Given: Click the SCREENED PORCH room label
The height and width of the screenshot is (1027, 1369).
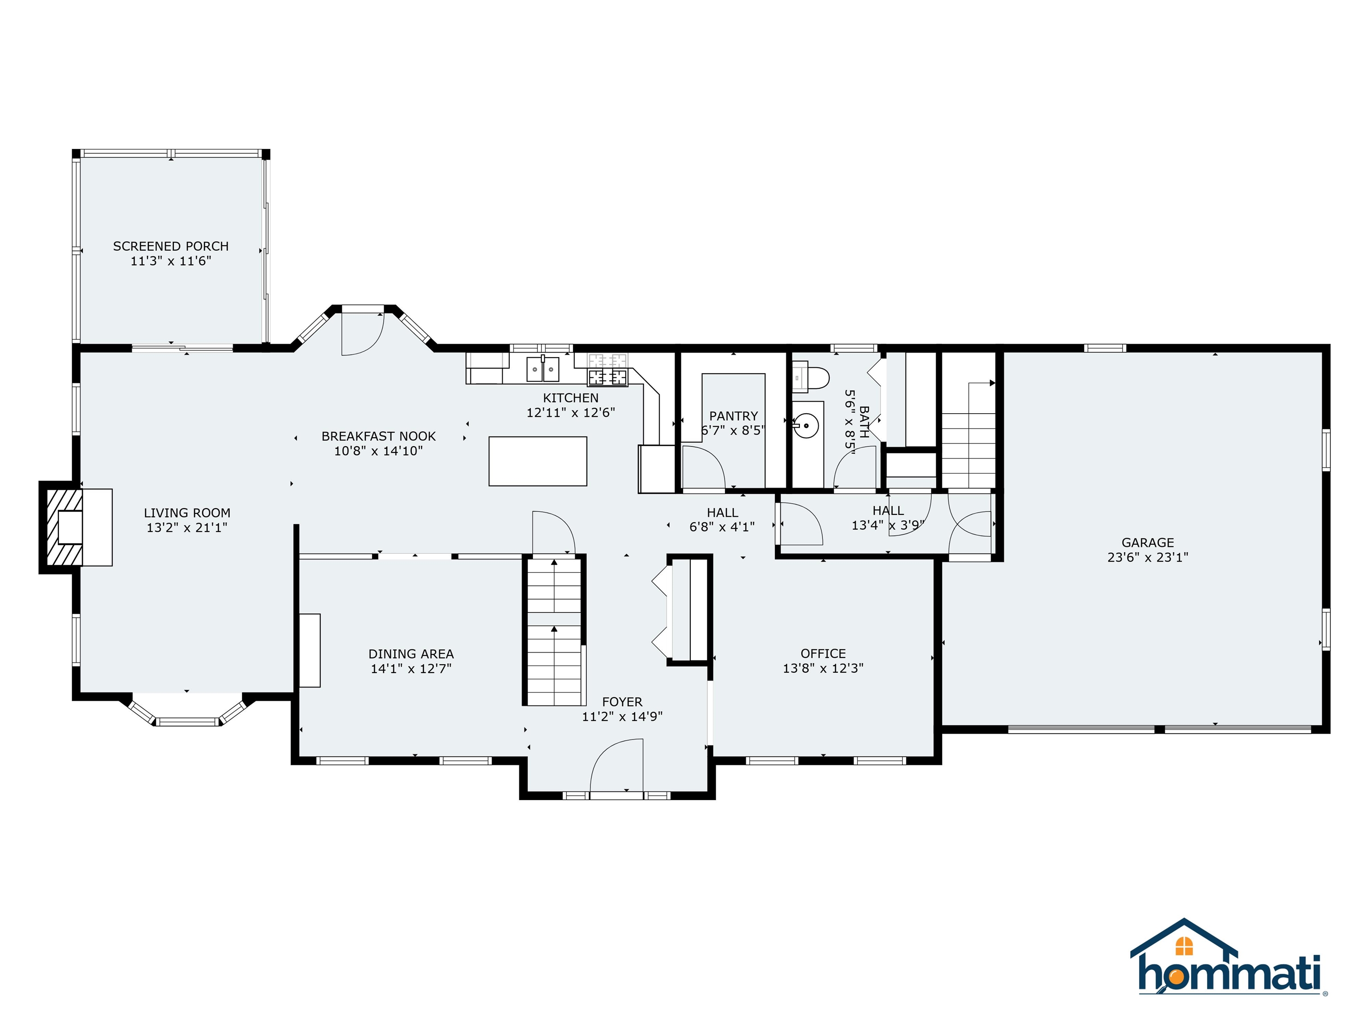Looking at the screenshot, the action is (x=171, y=246).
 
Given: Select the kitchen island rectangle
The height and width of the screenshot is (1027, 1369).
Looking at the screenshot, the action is (x=538, y=461).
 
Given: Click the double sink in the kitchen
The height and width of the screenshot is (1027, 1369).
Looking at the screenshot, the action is (x=543, y=369).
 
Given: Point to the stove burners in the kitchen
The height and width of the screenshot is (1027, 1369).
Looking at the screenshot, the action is (x=607, y=369).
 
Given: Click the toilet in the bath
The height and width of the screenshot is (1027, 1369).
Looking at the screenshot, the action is (x=811, y=378).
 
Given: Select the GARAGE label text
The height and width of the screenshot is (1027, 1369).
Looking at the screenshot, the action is (x=1148, y=542).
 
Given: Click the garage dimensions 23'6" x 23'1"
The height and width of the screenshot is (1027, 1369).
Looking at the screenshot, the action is (x=1148, y=557).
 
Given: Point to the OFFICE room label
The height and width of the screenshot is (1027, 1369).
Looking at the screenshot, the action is (x=823, y=654).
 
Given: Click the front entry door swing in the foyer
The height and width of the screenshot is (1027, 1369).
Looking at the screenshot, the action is (x=616, y=766).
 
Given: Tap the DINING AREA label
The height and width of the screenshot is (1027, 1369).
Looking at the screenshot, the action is (x=411, y=654).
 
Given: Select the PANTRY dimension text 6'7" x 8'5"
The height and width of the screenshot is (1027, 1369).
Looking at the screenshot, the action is (x=734, y=430).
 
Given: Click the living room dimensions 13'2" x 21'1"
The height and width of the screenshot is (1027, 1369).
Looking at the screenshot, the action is (x=187, y=527).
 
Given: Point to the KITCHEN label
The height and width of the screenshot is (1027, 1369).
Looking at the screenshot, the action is (x=570, y=398).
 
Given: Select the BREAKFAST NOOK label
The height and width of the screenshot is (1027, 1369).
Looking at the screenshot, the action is (x=379, y=436).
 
